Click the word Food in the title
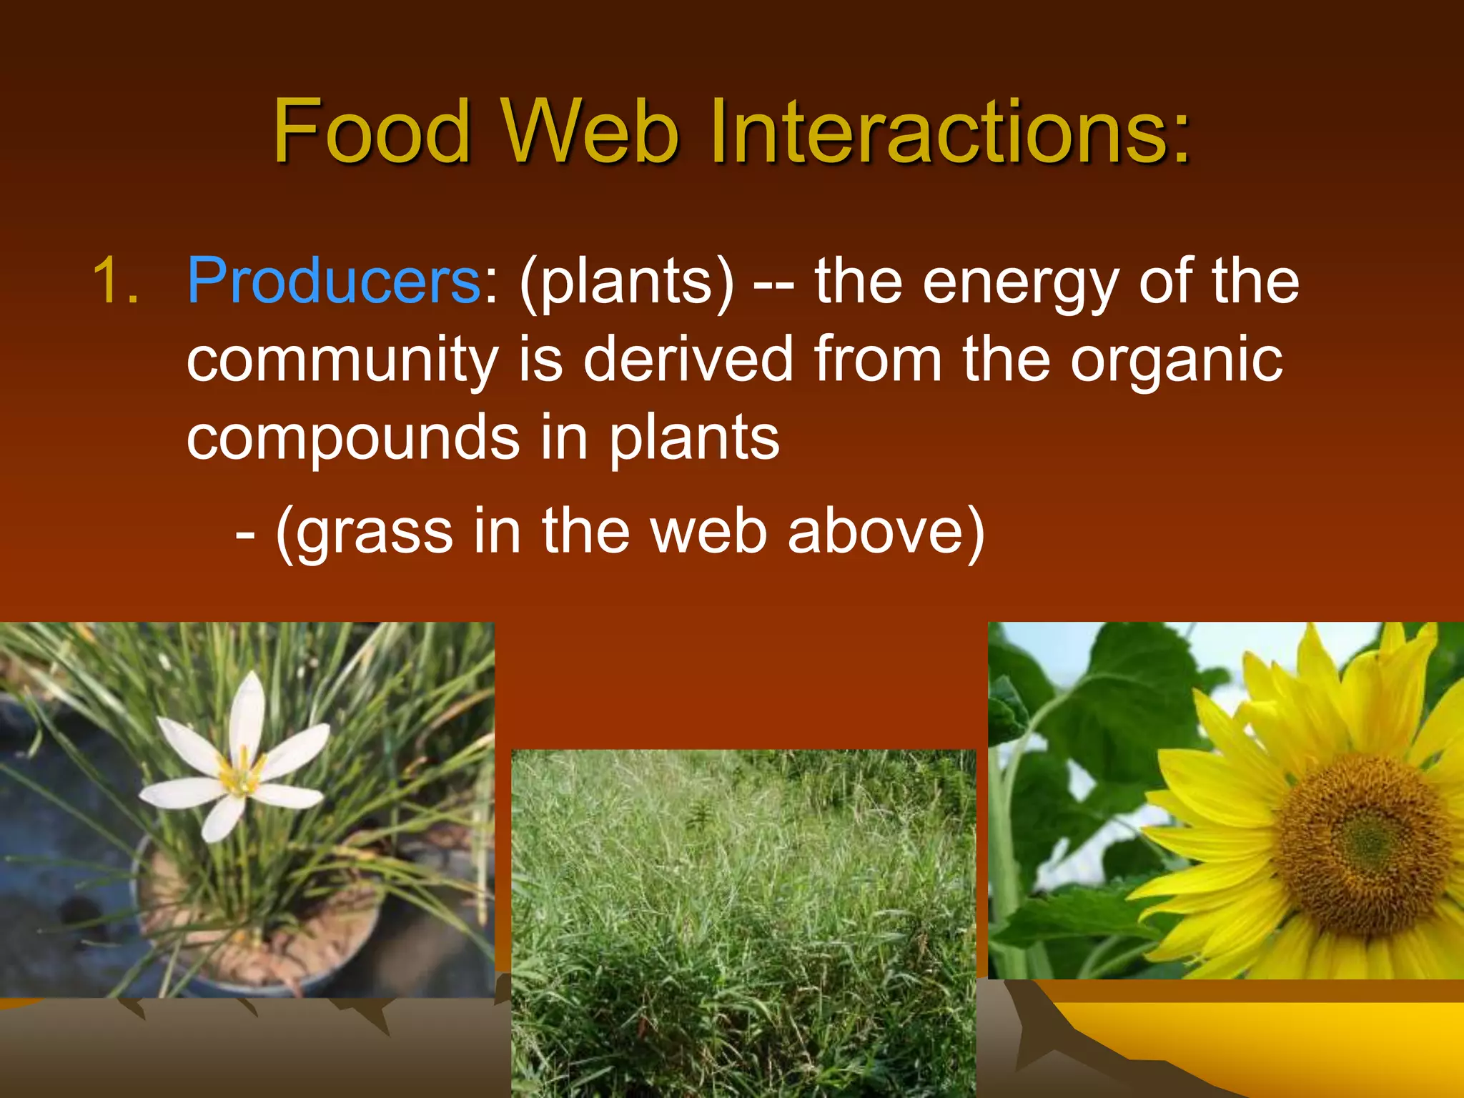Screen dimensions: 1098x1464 click(x=372, y=132)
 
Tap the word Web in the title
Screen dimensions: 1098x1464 click(x=590, y=132)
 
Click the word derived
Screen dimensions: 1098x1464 click(x=688, y=360)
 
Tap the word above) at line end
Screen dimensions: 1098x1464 click(x=886, y=533)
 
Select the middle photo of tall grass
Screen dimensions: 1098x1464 click(x=743, y=922)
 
